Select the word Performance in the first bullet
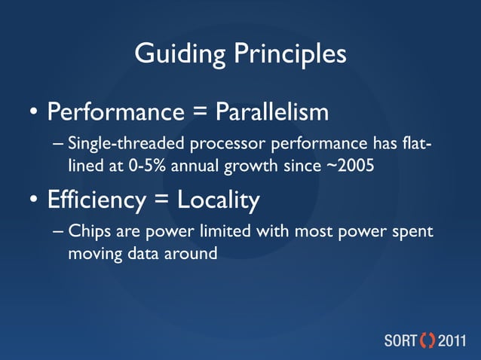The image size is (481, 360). click(116, 113)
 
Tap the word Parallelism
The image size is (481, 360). click(272, 113)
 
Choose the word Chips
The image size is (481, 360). click(86, 233)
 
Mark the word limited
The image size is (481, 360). click(225, 233)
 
